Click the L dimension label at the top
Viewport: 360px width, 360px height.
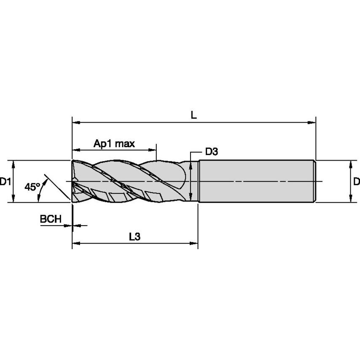(193, 115)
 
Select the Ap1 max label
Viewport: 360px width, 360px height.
(114, 144)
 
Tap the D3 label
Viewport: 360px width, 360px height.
(211, 152)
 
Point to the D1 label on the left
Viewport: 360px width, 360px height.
(5, 182)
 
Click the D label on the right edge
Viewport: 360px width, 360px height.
(356, 182)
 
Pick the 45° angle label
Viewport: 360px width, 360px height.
(32, 187)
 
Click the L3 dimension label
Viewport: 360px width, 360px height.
(134, 237)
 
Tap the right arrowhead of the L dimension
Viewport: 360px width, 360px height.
(312, 123)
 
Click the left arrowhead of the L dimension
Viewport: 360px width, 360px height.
(76, 123)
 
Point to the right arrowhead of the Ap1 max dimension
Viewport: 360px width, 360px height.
(152, 150)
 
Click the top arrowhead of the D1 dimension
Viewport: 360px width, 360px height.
(14, 164)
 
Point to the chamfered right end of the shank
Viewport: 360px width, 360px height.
(314, 181)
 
